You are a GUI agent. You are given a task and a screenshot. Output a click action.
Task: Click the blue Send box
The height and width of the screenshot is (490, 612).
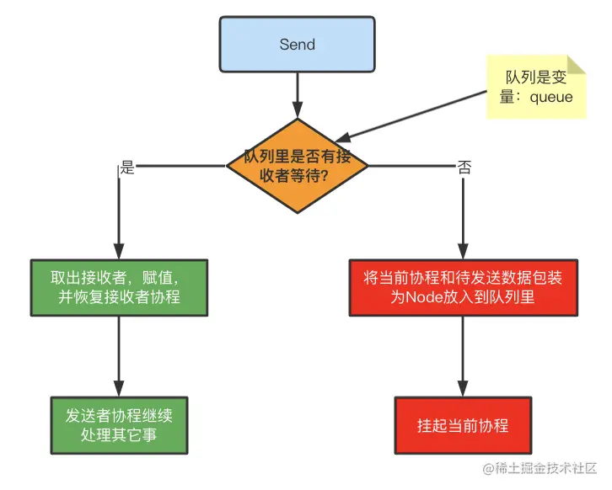click(297, 45)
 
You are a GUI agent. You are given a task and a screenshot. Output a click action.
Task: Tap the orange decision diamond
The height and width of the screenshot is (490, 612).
click(297, 166)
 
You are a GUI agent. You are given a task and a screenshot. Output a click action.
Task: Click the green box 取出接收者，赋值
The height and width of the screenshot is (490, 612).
click(119, 288)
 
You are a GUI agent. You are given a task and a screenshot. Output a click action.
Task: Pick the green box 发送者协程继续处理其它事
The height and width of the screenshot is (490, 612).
click(119, 425)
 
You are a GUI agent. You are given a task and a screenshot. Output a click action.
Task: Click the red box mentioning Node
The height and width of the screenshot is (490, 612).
click(463, 288)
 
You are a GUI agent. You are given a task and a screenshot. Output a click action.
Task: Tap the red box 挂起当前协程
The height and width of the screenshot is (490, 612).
click(463, 425)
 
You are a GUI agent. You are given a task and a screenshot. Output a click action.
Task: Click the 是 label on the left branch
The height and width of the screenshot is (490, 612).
click(127, 167)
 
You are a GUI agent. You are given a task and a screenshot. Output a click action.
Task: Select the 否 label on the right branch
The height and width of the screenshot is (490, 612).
click(464, 167)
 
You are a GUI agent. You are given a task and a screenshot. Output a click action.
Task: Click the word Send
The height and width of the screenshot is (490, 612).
click(297, 45)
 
